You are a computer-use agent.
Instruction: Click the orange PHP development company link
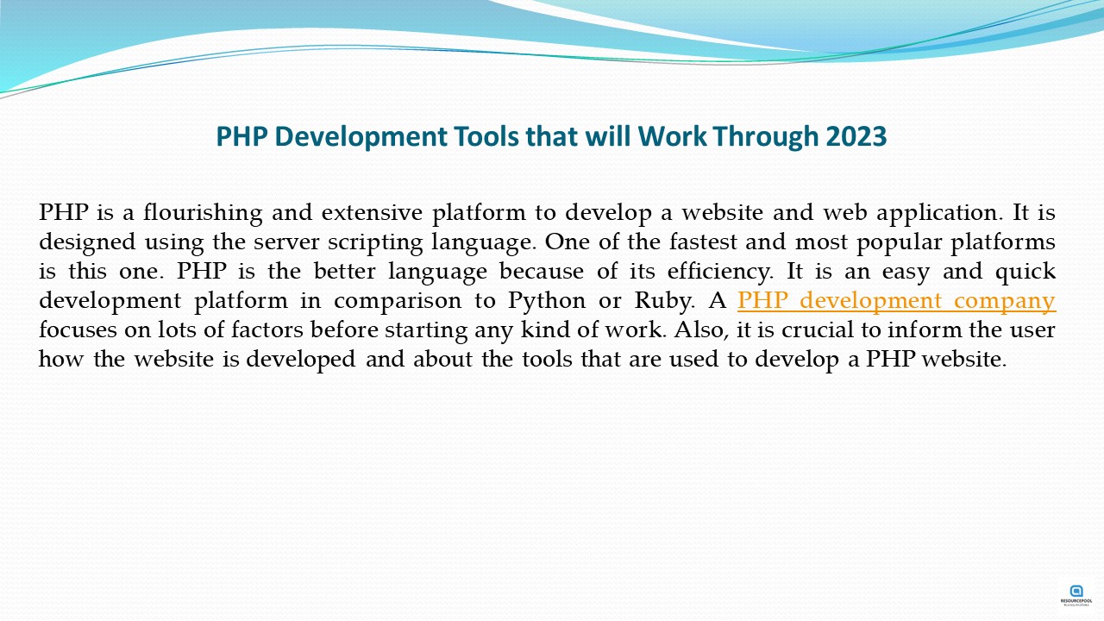point(896,301)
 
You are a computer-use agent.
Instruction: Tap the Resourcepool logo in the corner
point(1076,595)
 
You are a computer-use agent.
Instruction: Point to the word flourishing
point(203,213)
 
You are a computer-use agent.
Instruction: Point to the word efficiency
point(720,272)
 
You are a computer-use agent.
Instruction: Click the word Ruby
point(665,301)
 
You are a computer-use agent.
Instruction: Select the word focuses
point(78,329)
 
